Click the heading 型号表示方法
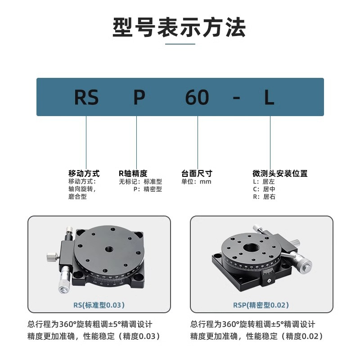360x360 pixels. (180, 27)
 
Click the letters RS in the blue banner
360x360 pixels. (86, 97)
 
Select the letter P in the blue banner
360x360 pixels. (139, 97)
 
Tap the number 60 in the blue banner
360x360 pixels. (197, 97)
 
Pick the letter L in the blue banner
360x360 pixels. (269, 97)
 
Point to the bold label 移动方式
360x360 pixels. (84, 173)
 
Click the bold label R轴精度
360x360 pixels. (133, 173)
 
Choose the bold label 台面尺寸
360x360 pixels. (197, 173)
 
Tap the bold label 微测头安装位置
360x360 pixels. (280, 173)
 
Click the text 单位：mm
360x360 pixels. (196, 182)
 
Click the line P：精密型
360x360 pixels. (147, 189)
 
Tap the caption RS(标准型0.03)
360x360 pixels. (99, 305)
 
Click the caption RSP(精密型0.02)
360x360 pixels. (261, 305)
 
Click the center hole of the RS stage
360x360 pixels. (108, 249)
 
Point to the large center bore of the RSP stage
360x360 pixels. (250, 247)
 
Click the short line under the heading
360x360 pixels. (180, 44)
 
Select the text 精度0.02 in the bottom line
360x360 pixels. (304, 336)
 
